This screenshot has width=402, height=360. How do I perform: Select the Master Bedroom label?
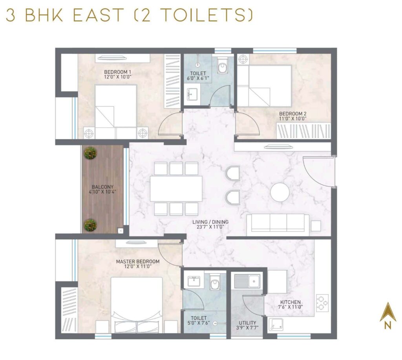coord(137,264)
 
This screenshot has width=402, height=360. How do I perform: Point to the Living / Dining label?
coord(210,224)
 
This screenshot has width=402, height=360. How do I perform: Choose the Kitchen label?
coord(290,305)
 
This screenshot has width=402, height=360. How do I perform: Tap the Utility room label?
coord(248,325)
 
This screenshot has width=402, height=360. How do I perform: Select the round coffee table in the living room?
coord(280,193)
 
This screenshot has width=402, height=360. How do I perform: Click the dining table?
coord(176,189)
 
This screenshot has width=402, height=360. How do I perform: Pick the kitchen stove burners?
coord(322,303)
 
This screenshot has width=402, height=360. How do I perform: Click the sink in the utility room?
coord(247,280)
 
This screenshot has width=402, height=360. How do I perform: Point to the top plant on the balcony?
coord(90,153)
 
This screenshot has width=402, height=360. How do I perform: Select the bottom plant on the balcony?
coord(90,225)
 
